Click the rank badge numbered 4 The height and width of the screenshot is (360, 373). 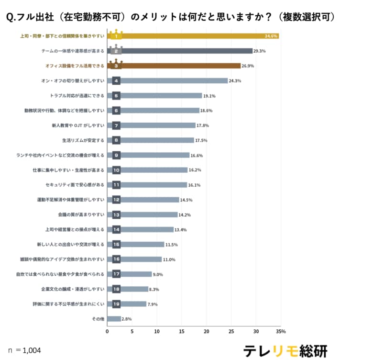tap(116, 81)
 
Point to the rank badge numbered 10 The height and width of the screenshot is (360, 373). tap(116, 170)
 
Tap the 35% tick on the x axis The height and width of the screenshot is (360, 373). tap(281, 331)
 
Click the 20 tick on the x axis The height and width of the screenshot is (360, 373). tap(207, 331)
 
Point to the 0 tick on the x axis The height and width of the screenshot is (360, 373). tap(108, 331)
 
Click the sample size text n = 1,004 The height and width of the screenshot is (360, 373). tap(24, 350)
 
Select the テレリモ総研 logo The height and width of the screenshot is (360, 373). tap(285, 350)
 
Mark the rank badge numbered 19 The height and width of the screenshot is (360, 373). tap(116, 304)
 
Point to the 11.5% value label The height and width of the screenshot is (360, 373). tap(171, 245)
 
